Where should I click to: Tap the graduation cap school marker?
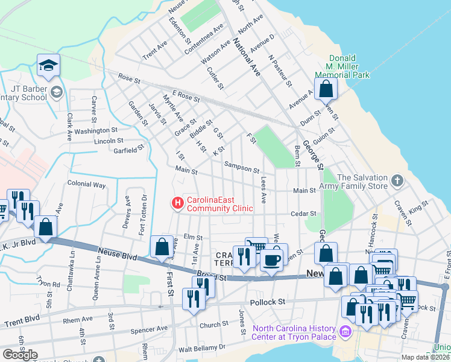pos(48,66)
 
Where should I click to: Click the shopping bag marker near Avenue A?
pos(326,89)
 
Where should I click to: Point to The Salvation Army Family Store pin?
pos(397,180)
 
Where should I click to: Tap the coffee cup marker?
pos(271,261)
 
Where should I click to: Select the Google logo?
pos(20,355)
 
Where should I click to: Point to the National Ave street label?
pos(246,57)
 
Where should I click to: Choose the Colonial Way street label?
pos(86,184)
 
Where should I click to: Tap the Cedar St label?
pos(304,214)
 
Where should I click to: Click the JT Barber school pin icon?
pos(57,92)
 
